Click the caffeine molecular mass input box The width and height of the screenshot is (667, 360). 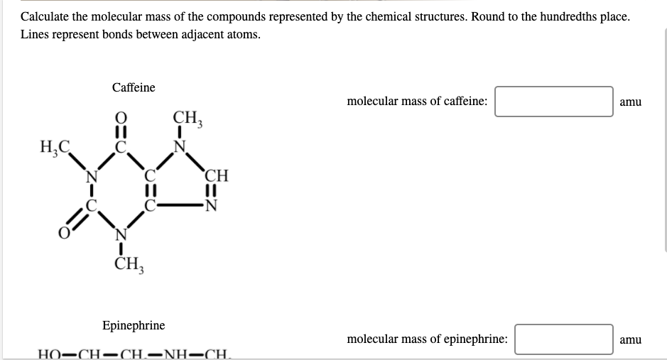[554, 102]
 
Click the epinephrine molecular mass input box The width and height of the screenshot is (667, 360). [564, 339]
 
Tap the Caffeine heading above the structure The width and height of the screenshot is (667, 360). [134, 87]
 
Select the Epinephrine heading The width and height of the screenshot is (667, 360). [134, 325]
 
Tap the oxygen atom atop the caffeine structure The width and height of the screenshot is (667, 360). [121, 118]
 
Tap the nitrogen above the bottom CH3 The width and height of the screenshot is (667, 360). [121, 234]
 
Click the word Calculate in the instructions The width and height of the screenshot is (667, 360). [45, 16]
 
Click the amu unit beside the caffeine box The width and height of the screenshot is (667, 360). [630, 102]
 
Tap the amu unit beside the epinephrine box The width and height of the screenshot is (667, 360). [630, 339]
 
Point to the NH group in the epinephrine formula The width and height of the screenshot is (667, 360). [174, 354]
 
